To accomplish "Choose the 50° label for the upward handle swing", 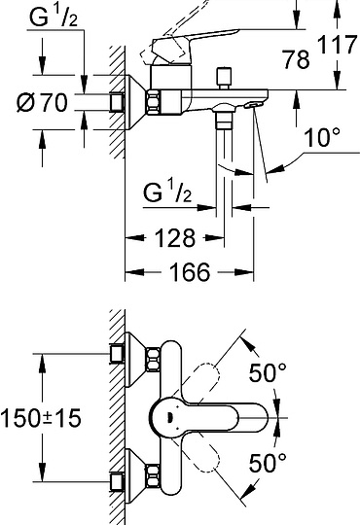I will coord(268,371).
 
